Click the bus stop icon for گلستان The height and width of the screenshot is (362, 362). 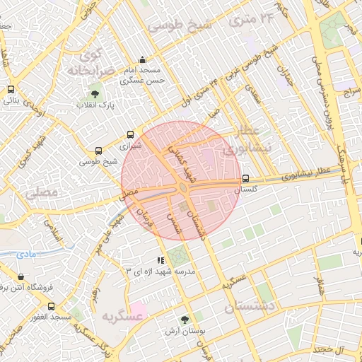(x=245, y=178)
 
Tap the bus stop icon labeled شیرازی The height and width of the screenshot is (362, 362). (x=130, y=134)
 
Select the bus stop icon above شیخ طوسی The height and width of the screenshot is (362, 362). (x=98, y=151)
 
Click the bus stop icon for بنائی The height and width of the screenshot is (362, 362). (x=11, y=90)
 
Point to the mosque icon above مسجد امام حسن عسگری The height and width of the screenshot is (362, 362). (x=143, y=60)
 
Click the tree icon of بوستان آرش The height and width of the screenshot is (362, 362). (x=185, y=320)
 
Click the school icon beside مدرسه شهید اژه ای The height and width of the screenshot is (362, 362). (x=160, y=260)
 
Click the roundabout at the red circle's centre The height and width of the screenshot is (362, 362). (x=182, y=187)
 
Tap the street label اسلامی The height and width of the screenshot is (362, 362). (x=54, y=229)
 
